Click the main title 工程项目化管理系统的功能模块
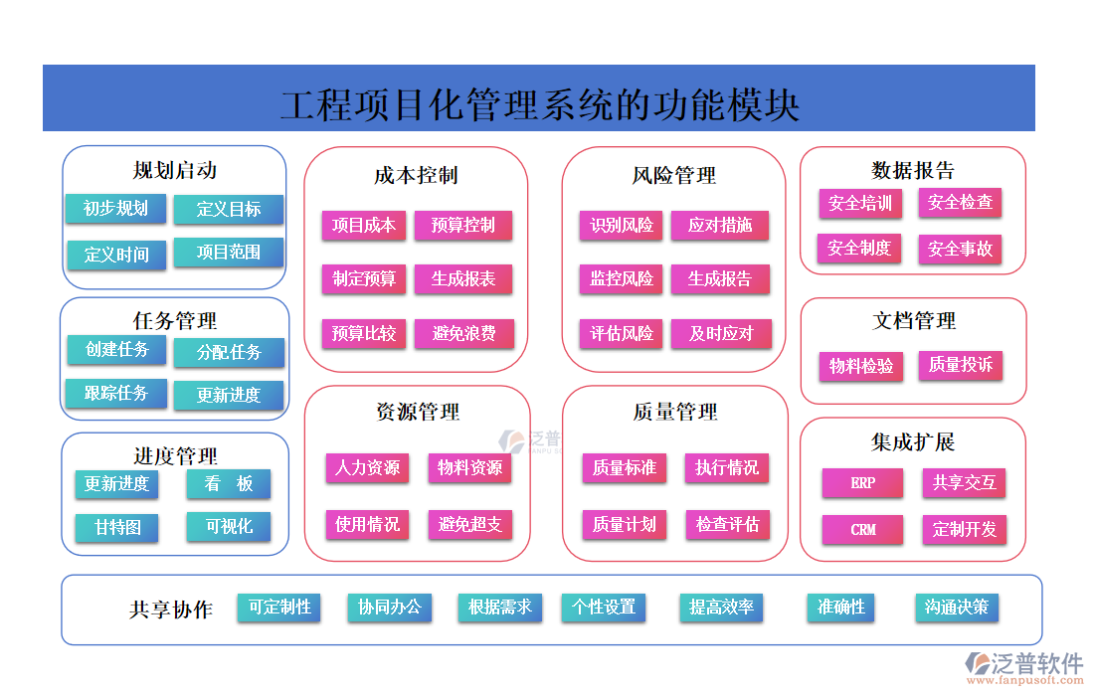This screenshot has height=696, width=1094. pos(539,102)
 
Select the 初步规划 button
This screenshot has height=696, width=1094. pos(115,209)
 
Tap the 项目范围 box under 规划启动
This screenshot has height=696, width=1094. pos(229,253)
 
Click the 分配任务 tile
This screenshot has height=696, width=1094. pos(229,353)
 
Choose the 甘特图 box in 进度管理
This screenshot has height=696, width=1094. pos(117,527)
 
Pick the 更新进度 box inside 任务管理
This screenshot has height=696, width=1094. pos(228,396)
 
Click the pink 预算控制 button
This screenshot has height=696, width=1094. pos(463,226)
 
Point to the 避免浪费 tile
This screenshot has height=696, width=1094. pos(463,333)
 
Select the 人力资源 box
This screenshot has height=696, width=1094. pos(367,468)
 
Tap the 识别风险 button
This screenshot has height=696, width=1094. pos(622,226)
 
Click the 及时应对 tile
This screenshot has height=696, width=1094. pos(721,333)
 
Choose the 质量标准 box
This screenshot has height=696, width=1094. pos(624,468)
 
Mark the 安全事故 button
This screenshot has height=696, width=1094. pos(960,250)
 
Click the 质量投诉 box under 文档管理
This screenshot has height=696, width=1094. pos(960,366)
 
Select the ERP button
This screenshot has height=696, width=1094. pos(863,484)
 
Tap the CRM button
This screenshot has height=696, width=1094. pos(863,530)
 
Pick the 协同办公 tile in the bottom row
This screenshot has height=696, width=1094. pos(390,608)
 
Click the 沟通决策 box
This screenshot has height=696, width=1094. pos(957,608)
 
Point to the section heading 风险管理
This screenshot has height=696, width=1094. pos(673,176)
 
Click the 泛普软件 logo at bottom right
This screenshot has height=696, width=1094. pos(1024,666)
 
